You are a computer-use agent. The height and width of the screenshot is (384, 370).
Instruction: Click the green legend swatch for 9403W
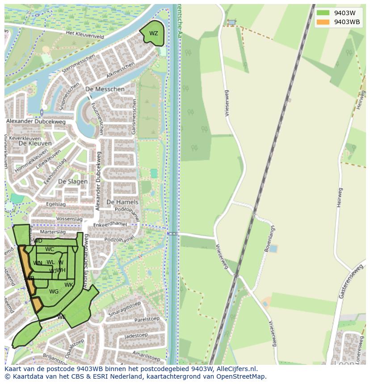[x=323, y=12]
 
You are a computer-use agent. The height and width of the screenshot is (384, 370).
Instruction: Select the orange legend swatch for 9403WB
[x=323, y=22]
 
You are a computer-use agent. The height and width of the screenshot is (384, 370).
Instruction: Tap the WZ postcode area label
[x=153, y=33]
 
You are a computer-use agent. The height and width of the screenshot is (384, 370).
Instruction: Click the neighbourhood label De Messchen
[x=105, y=89]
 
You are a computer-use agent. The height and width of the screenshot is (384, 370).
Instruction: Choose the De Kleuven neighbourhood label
[x=35, y=144]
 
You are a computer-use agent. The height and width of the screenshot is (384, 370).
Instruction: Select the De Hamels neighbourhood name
[x=122, y=202]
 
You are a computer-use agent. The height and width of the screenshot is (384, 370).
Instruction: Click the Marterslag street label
[x=53, y=232]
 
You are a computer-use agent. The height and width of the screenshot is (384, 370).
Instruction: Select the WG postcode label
[x=54, y=292]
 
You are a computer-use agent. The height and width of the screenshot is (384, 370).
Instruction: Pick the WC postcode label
[x=50, y=249]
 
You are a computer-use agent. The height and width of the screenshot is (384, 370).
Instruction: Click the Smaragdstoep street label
[x=125, y=310]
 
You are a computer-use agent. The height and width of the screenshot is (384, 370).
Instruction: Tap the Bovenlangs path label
[x=271, y=240]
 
